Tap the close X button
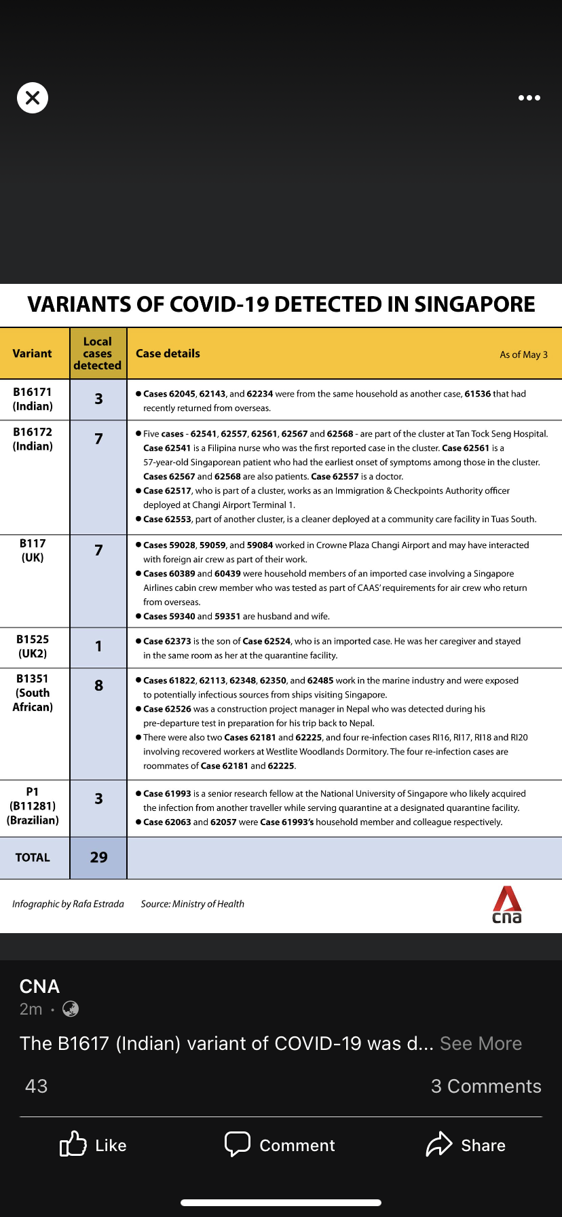33,98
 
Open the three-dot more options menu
529,98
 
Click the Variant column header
32,354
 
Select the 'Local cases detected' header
98,354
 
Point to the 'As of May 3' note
523,355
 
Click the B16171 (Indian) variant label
33,399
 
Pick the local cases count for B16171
98,399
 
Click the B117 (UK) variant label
33,551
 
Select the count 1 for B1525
98,647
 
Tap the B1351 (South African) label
33,693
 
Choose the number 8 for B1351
98,686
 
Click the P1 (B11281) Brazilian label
33,806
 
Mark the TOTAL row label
33,858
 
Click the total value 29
98,858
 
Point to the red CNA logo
507,905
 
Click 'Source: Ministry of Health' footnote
192,904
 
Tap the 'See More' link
481,1044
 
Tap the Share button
466,1146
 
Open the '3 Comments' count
486,1087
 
